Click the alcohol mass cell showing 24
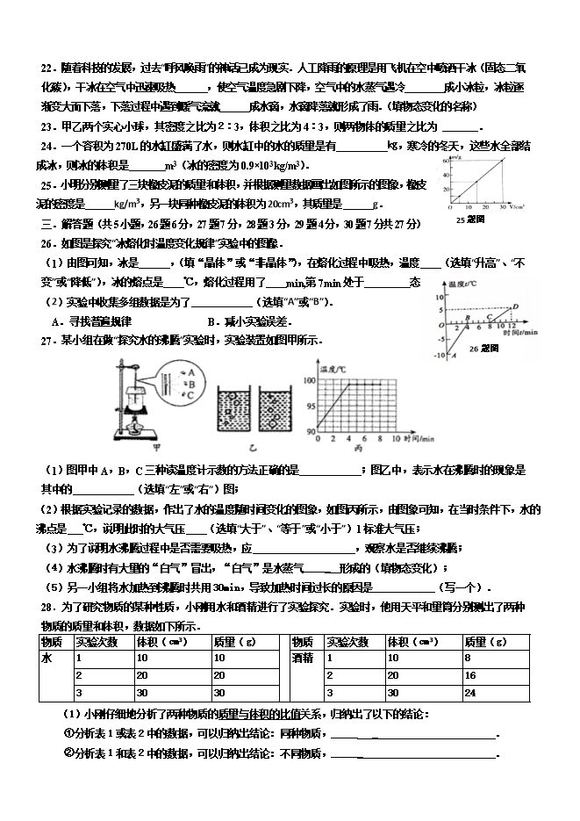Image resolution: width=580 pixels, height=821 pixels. point(491,693)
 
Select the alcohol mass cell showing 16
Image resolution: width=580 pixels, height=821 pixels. point(491,675)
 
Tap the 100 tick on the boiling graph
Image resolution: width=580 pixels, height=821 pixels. point(308,381)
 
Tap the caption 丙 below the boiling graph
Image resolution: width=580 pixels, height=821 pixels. point(356,448)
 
